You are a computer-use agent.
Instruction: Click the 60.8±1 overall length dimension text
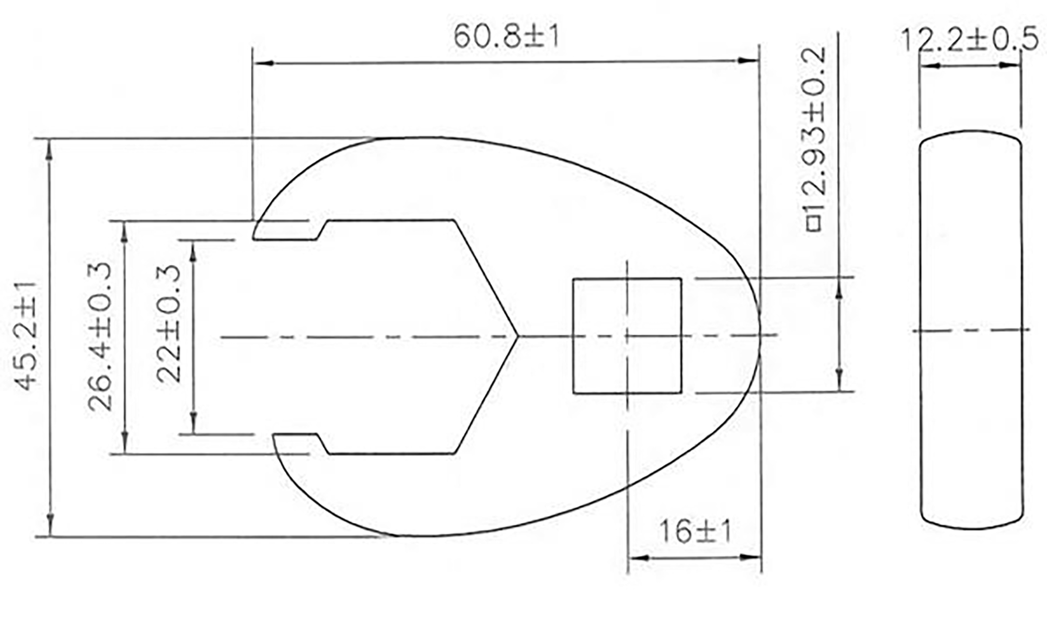[x=506, y=37]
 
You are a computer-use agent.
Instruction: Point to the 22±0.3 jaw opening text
[x=169, y=324]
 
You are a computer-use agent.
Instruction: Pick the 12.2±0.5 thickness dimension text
[x=969, y=40]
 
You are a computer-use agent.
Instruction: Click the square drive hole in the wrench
[x=626, y=336]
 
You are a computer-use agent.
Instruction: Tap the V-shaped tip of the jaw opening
[x=517, y=336]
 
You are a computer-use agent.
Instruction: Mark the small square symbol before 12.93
[x=814, y=224]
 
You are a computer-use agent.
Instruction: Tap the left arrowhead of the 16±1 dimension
[x=639, y=558]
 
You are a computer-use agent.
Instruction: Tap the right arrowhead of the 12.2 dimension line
[x=1008, y=66]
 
